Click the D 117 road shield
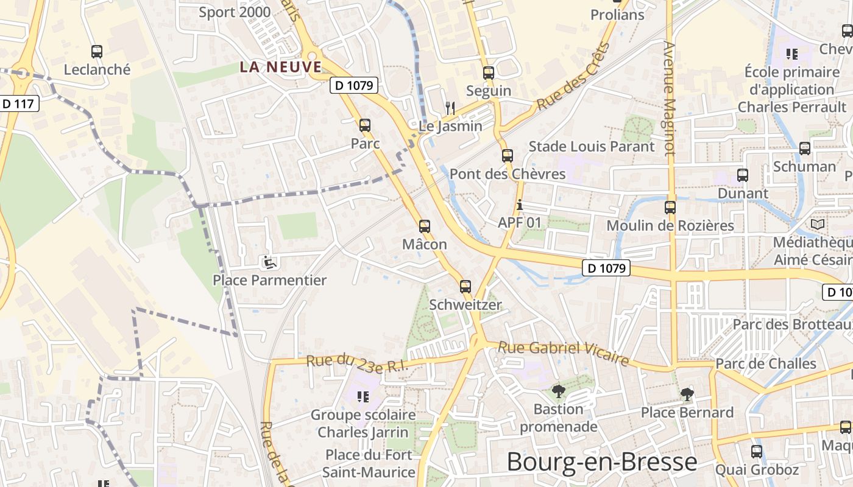18,103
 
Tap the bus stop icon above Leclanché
96,52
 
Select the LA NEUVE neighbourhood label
280,67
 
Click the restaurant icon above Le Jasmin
450,108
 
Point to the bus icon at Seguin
488,73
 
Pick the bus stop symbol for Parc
365,125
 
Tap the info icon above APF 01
519,205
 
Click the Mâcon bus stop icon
425,226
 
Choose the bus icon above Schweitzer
465,286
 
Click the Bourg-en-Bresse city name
601,462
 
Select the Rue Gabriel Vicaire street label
564,354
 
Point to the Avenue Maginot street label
670,97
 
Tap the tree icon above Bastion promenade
558,391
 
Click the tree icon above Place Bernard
687,394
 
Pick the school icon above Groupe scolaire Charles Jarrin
363,397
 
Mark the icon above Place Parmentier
269,262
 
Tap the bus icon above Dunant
742,175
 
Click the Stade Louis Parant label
592,146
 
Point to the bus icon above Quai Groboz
756,452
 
